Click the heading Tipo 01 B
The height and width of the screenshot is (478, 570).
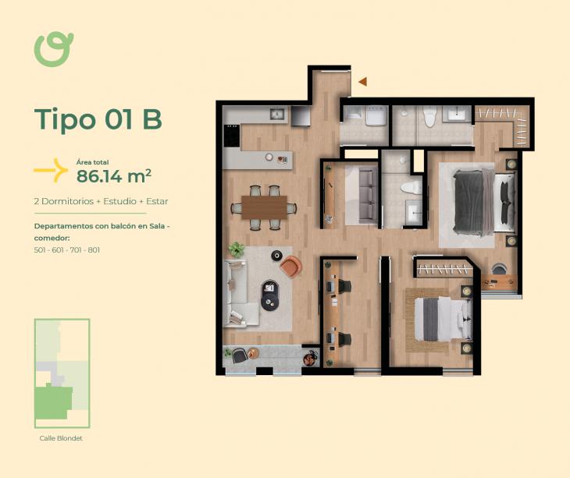pos(98,119)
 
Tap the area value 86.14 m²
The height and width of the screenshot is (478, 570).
pos(114,176)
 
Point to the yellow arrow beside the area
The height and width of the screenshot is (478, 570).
pos(51,170)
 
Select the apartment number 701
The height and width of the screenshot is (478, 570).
pos(76,250)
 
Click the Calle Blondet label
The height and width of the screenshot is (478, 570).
pos(61,438)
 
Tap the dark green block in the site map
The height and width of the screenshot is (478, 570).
pos(53,403)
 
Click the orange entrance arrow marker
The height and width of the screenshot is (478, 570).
pos(363,82)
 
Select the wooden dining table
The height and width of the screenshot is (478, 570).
pos(264,207)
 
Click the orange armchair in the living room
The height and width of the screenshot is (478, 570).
pos(291,266)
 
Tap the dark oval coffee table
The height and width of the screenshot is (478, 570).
pos(269,296)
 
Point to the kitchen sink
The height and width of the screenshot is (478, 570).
pos(278,115)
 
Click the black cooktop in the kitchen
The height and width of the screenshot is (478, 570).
pos(232,136)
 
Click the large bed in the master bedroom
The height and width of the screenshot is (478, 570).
pos(484,202)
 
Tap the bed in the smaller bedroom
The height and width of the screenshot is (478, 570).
pos(443,319)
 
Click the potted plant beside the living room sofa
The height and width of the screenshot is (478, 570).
pos(237,250)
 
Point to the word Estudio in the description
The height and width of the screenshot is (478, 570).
pos(119,201)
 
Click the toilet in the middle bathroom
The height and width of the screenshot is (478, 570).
pos(411,187)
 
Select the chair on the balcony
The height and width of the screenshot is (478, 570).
pos(239,356)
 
